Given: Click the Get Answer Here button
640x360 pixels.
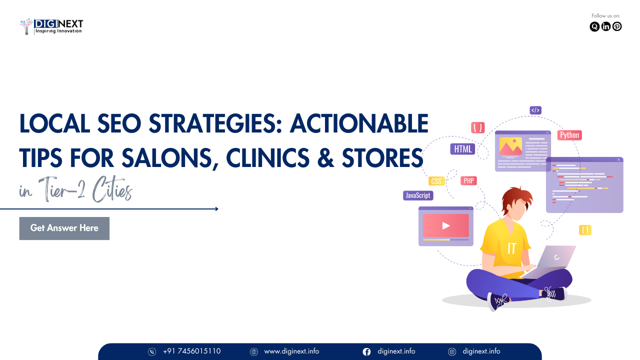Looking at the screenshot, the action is click(64, 228).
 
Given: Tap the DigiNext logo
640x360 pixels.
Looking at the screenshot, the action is click(51, 26).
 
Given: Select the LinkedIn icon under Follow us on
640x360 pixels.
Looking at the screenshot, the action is click(605, 26).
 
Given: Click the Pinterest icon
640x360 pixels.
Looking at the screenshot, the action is click(617, 26).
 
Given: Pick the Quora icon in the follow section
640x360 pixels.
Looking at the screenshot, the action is click(594, 26).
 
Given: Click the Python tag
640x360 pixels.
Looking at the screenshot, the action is click(569, 135).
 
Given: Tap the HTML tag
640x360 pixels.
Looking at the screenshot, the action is click(463, 149).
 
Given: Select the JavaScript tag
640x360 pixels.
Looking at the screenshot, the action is click(418, 195).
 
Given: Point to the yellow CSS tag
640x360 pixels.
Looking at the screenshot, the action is click(436, 181).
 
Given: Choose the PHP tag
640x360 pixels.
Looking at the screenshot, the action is click(468, 180).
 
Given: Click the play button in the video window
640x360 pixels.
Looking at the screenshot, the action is click(445, 225).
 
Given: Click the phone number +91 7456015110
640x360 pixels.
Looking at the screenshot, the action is click(191, 351).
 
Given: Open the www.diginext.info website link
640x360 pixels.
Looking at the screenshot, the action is click(291, 351).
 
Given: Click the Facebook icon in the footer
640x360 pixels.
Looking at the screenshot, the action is click(366, 351).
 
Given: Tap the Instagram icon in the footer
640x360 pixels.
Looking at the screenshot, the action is click(452, 351).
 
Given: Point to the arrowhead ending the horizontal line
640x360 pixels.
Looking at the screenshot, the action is click(217, 209).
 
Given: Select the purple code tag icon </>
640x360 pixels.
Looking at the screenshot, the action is click(535, 110).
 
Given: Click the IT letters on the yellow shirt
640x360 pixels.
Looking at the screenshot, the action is click(511, 248).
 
